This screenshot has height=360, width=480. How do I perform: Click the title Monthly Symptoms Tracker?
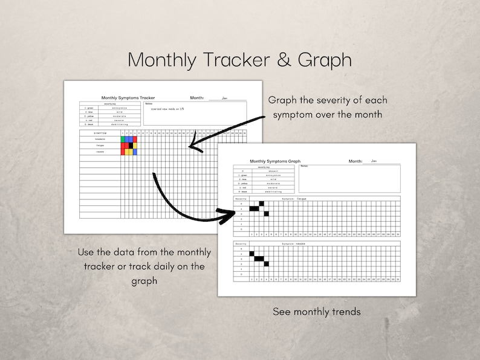(128, 97)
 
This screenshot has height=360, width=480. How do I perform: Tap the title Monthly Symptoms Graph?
(275, 161)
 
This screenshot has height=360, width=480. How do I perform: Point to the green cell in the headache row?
(123, 139)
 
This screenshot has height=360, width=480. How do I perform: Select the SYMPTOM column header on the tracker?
(100, 133)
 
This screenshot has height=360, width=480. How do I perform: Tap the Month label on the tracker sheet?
(197, 97)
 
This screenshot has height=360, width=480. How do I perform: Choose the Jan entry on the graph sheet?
(374, 161)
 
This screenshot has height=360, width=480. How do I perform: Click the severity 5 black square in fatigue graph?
(261, 204)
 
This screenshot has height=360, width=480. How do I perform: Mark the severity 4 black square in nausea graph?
(251, 254)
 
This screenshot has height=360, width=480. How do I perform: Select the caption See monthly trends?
(316, 312)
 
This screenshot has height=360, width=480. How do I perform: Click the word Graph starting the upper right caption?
(283, 100)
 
